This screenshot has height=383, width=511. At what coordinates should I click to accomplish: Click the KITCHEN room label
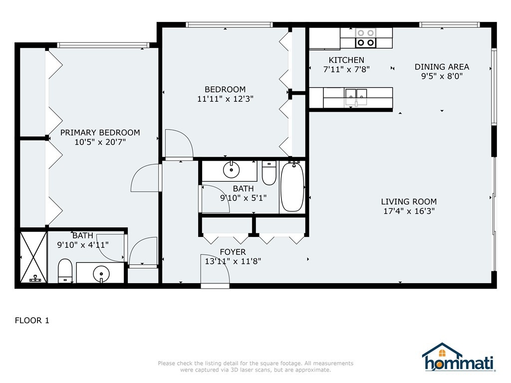[x=346, y=60]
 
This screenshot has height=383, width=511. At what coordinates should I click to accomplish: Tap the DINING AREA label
[x=442, y=67]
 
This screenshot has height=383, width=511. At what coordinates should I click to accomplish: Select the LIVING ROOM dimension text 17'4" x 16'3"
[x=409, y=211]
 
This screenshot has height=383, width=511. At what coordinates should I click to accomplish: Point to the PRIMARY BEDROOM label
[x=100, y=133]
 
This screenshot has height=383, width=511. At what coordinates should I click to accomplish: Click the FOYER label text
[x=233, y=252]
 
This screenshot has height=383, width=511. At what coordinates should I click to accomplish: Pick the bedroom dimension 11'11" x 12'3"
[x=225, y=99]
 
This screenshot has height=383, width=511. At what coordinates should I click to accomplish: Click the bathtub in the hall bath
[x=292, y=187]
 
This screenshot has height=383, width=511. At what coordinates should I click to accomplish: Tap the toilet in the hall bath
[x=269, y=173]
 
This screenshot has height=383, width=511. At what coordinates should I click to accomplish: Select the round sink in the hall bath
[x=232, y=170]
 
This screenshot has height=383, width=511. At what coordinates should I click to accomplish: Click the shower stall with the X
[x=33, y=257]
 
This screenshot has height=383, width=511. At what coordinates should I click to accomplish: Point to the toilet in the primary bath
[x=65, y=271]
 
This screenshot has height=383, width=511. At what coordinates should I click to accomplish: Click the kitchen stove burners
[x=366, y=38]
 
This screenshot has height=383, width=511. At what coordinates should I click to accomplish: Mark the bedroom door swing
[x=179, y=144]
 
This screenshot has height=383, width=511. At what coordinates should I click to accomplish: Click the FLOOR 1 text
[x=32, y=321]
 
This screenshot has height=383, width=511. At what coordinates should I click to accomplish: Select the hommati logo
[x=459, y=357]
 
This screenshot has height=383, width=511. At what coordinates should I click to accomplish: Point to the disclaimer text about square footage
[x=255, y=367]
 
